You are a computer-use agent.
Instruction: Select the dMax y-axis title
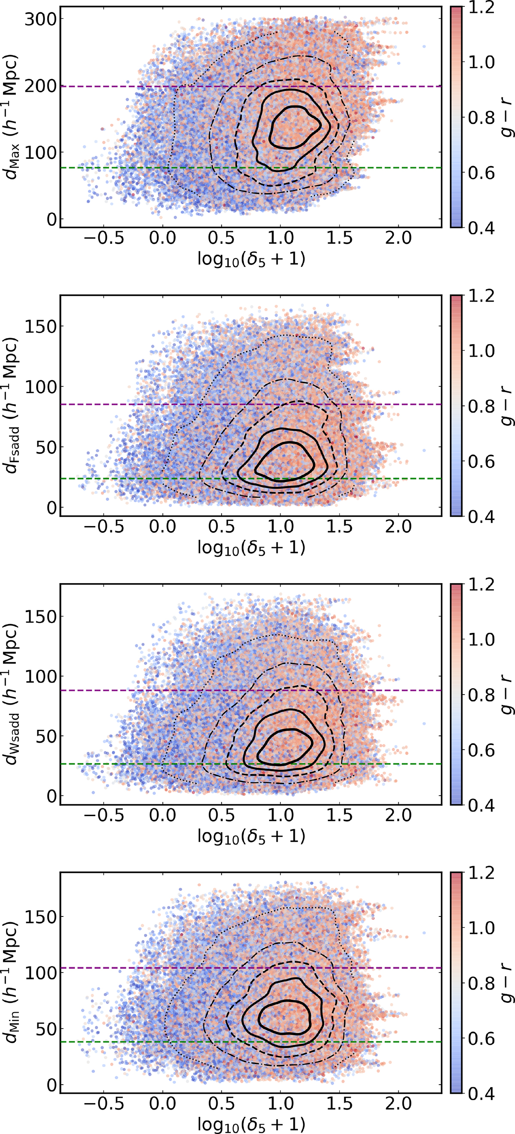[x=12, y=117]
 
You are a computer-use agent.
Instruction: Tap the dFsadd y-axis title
[x=12, y=405]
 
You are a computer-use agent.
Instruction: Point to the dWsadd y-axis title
[x=12, y=694]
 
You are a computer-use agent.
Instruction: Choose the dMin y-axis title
[x=12, y=983]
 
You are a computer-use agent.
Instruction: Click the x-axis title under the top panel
[x=251, y=259]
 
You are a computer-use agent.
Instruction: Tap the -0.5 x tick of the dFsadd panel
[x=104, y=526]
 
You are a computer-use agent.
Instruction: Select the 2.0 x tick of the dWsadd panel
[x=398, y=815]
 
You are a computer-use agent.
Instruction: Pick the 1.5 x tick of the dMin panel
[x=339, y=1104]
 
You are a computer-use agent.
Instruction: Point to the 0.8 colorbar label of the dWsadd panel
[x=481, y=695]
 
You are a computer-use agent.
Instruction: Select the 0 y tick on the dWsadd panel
[x=52, y=796]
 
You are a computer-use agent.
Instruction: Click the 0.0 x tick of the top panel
[x=162, y=238]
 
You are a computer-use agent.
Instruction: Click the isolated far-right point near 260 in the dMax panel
[x=424, y=46]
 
